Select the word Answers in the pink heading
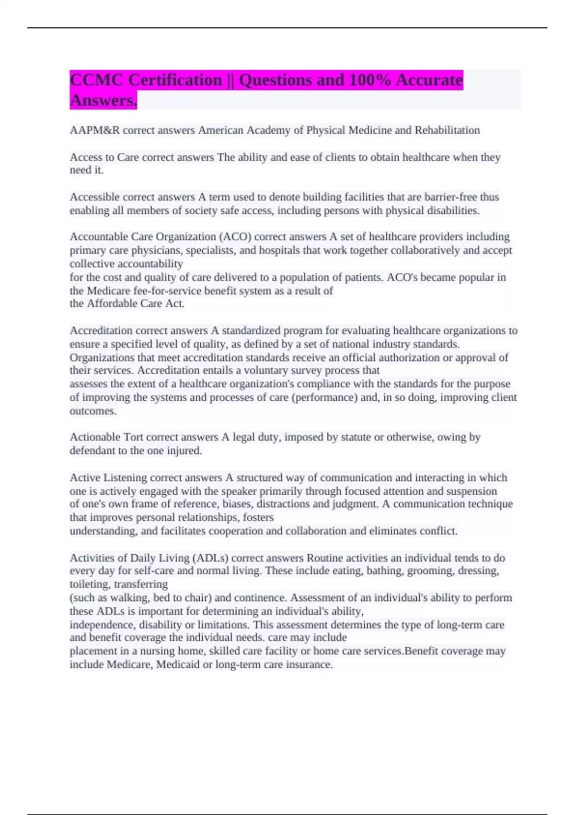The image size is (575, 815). [x=103, y=100]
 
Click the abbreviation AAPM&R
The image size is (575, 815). [x=94, y=130]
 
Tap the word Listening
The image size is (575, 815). [x=125, y=477]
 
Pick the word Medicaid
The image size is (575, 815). [x=178, y=664]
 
